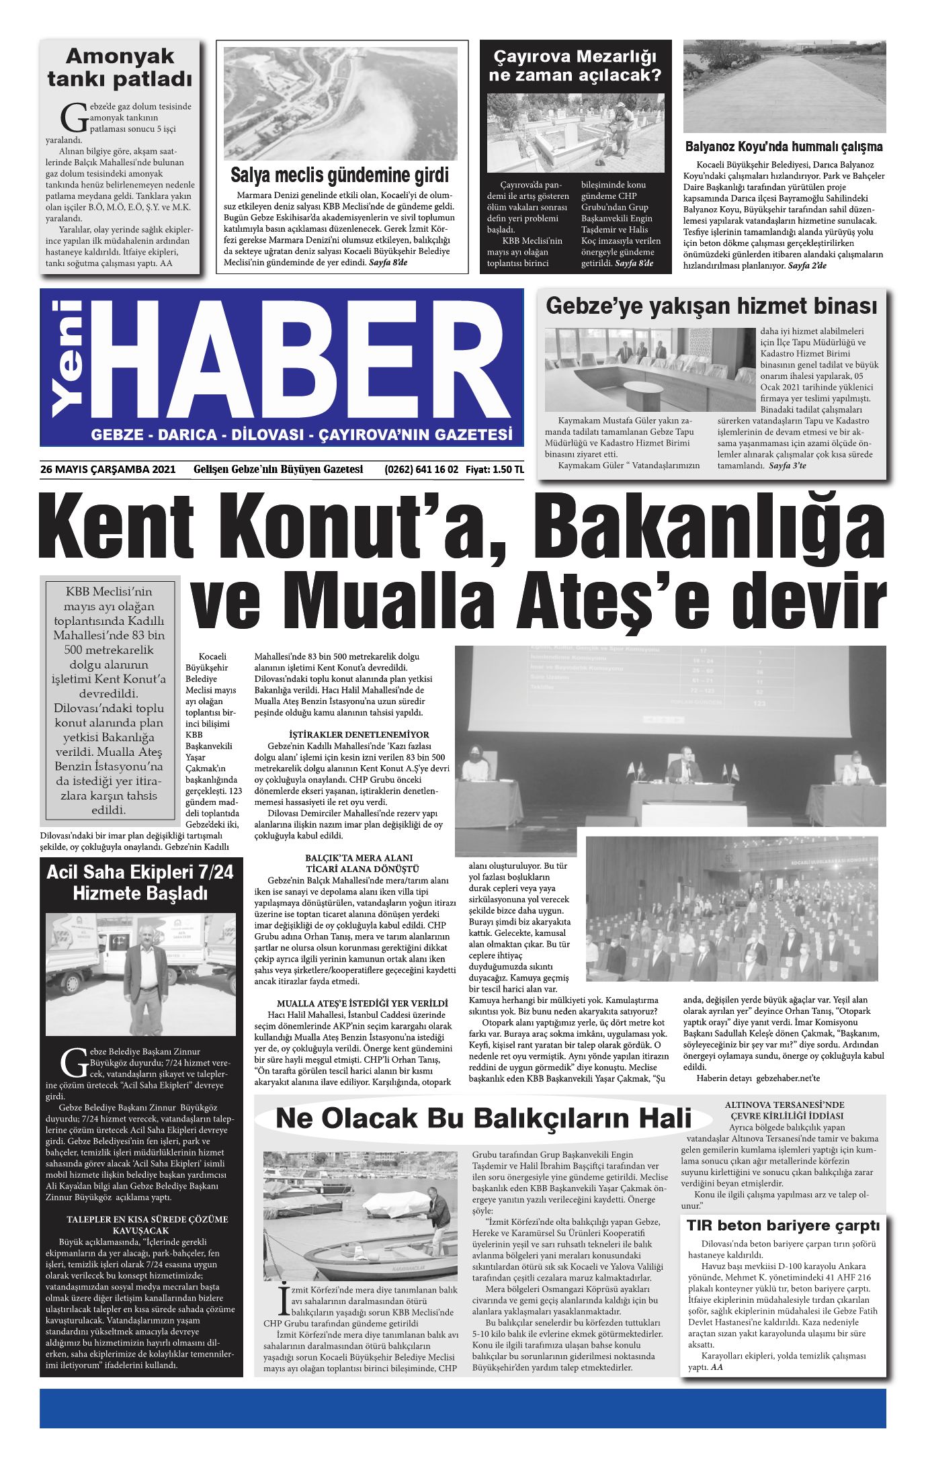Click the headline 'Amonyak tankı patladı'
(x=120, y=67)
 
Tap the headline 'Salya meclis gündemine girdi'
(x=339, y=176)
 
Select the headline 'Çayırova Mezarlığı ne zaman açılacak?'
(x=575, y=65)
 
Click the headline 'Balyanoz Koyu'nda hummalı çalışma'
(x=784, y=146)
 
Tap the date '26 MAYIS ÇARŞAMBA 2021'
(x=108, y=469)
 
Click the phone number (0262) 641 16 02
(x=421, y=469)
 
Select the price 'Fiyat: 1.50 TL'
(x=495, y=469)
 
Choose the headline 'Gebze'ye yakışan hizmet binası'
(x=711, y=306)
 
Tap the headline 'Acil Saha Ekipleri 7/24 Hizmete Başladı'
(x=140, y=883)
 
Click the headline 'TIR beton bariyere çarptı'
(x=783, y=1225)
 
